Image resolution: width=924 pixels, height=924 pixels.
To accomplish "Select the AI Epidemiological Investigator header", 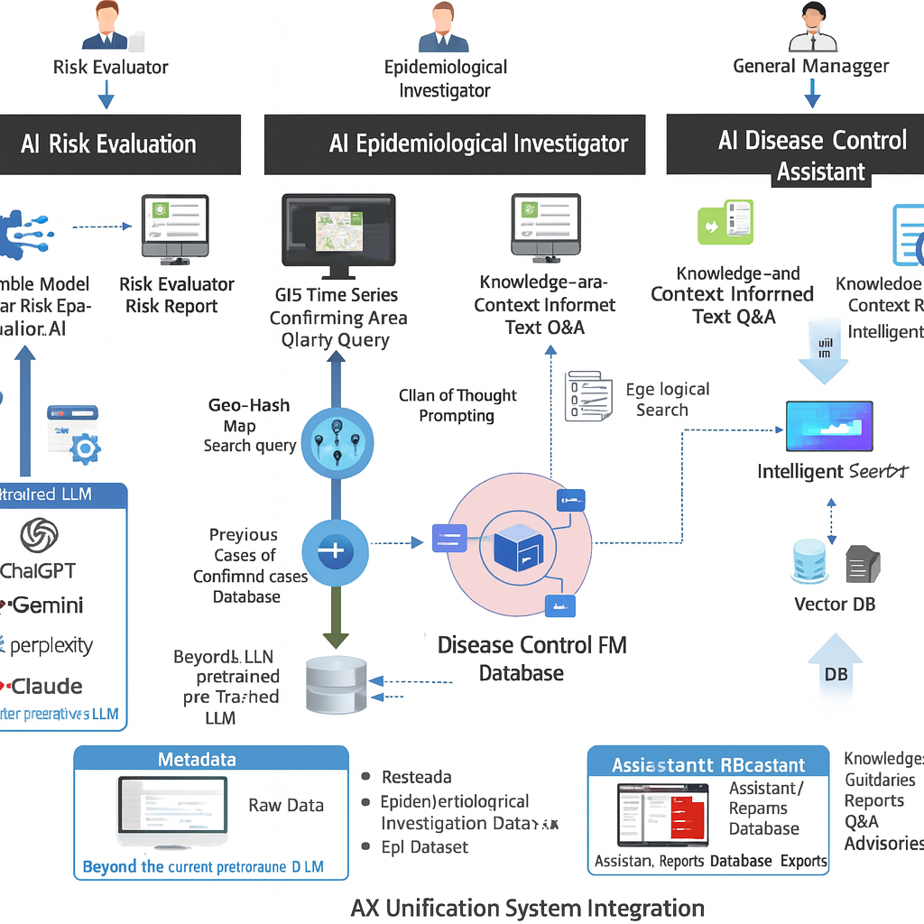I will [454, 144].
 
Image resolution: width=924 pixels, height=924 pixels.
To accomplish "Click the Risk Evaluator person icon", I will [105, 28].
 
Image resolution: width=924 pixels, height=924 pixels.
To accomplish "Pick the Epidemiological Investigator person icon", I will [443, 28].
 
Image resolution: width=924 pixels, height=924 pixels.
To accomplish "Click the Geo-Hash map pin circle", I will [335, 441].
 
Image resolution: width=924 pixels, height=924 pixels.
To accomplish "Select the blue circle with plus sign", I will [335, 550].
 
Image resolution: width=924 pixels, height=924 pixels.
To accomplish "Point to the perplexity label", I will [51, 646].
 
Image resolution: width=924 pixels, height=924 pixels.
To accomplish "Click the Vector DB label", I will [834, 604].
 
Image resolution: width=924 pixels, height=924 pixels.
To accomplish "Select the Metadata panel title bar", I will [210, 760].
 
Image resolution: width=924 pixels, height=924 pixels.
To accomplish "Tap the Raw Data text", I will [285, 806].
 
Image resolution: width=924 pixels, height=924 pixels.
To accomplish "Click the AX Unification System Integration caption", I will [527, 908].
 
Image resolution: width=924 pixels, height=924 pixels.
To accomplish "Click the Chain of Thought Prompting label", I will [458, 405].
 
